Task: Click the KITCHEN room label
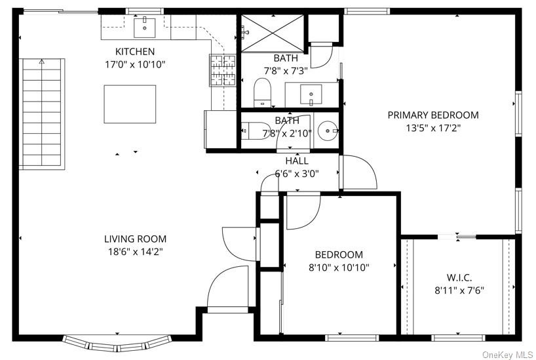pos(135,52)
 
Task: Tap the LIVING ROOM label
pos(136,239)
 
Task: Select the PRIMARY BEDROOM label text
pos(433,115)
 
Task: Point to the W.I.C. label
pos(459,277)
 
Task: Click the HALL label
pos(297,161)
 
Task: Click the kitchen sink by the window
pos(144,28)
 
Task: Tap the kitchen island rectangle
pos(130,104)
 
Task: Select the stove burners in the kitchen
pos(223,70)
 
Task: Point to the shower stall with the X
pos(272,33)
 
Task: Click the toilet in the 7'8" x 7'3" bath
pos(263,92)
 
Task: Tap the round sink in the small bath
pos(327,130)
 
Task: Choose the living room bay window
pos(117,344)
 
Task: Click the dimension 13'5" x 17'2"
pos(433,129)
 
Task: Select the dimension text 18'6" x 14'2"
pos(136,252)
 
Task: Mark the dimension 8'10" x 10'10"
pos(339,268)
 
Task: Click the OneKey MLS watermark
pos(508,355)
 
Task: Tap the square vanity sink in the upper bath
pos(311,95)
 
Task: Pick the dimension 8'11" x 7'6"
pos(459,291)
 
